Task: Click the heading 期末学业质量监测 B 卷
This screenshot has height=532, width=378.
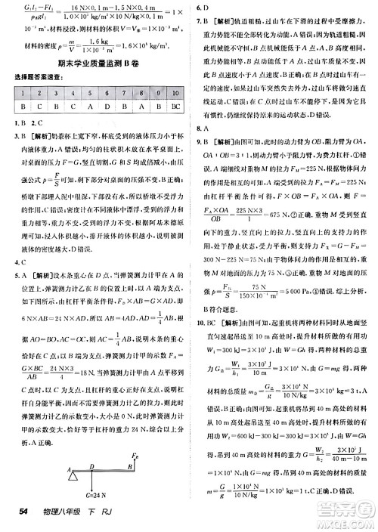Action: (94, 66)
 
